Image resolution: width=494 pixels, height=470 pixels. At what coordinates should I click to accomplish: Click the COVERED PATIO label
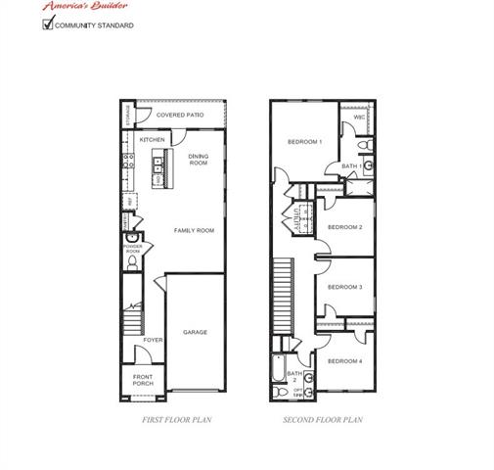(180, 116)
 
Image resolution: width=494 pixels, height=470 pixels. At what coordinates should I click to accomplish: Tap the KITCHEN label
(152, 140)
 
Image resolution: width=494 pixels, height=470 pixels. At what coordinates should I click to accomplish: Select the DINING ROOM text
(199, 159)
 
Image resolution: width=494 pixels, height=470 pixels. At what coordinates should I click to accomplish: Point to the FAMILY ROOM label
(194, 230)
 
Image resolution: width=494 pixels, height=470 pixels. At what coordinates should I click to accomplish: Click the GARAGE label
(195, 332)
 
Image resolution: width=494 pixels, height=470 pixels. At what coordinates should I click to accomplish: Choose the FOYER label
(153, 340)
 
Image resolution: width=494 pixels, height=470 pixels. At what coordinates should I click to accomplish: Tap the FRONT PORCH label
(143, 380)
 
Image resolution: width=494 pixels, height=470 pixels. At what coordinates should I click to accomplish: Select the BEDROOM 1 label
(304, 143)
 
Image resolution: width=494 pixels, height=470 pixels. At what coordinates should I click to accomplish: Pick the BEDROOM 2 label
(345, 227)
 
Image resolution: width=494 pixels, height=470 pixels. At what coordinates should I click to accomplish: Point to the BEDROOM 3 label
(345, 287)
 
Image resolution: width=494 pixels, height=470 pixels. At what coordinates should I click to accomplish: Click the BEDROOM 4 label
(344, 361)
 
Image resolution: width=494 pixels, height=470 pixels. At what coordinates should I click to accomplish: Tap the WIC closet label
(359, 117)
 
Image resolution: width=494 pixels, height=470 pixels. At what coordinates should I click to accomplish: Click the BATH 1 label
(351, 166)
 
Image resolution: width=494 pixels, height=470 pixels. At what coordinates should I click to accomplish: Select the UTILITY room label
(295, 213)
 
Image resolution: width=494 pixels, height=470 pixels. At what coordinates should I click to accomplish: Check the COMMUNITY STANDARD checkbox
(48, 23)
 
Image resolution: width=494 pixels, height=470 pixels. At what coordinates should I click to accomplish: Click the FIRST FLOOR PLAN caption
(178, 419)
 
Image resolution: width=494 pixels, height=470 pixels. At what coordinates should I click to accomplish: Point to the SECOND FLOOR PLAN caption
(322, 419)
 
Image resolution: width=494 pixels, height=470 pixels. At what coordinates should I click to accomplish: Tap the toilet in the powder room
(133, 262)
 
